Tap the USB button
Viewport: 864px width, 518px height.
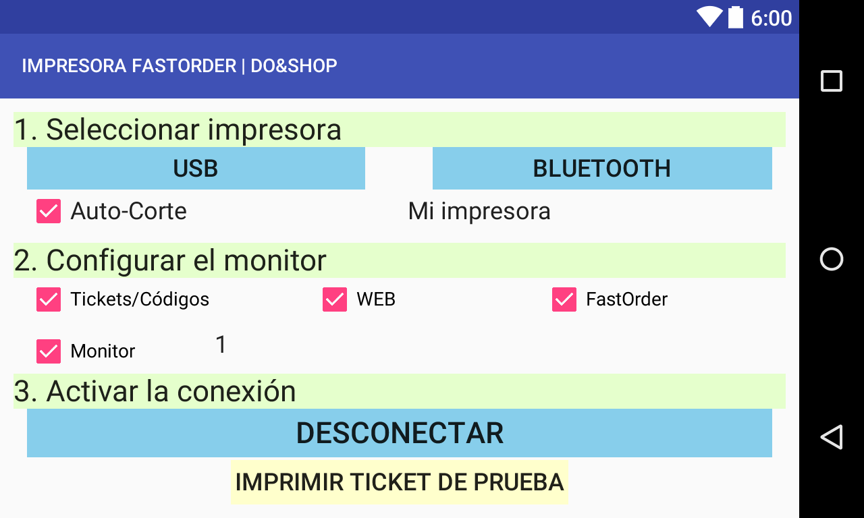coord(196,168)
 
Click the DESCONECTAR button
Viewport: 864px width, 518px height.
coord(400,433)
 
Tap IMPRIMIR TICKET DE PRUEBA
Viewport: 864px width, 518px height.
coord(400,482)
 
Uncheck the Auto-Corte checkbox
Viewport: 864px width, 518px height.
coord(49,211)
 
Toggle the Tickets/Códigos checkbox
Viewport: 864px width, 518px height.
coord(49,299)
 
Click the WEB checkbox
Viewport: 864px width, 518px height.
coord(335,299)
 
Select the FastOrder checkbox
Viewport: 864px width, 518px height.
coord(564,299)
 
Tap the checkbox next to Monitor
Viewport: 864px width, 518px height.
coord(49,351)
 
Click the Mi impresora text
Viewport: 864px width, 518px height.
coord(479,211)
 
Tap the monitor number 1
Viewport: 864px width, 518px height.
coord(221,344)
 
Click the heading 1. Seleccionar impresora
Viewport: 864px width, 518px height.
coord(178,129)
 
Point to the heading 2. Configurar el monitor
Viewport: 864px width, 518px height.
coord(170,260)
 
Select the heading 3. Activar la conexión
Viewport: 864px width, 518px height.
coord(155,391)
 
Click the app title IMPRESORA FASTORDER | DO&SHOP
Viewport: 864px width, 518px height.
coord(180,65)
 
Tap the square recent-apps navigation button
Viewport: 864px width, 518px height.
coord(832,81)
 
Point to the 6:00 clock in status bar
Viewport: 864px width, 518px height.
coord(771,18)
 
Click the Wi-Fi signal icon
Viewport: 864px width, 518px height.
coord(709,17)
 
